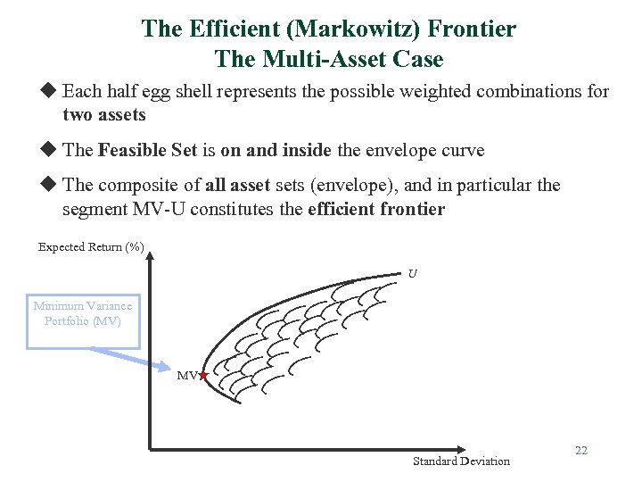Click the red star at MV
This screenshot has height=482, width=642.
[x=203, y=376]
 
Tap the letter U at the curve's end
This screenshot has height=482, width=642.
[x=412, y=273]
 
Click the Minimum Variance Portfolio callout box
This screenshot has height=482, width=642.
[x=83, y=313]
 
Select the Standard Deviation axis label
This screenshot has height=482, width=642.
[x=461, y=461]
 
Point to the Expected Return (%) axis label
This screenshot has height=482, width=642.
[x=91, y=247]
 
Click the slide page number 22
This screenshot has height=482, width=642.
[x=581, y=451]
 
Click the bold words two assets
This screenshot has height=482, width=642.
[x=104, y=115]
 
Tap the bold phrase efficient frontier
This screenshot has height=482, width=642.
[x=375, y=210]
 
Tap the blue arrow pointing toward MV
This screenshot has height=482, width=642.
[x=134, y=356]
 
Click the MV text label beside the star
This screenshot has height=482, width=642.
[x=186, y=377]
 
